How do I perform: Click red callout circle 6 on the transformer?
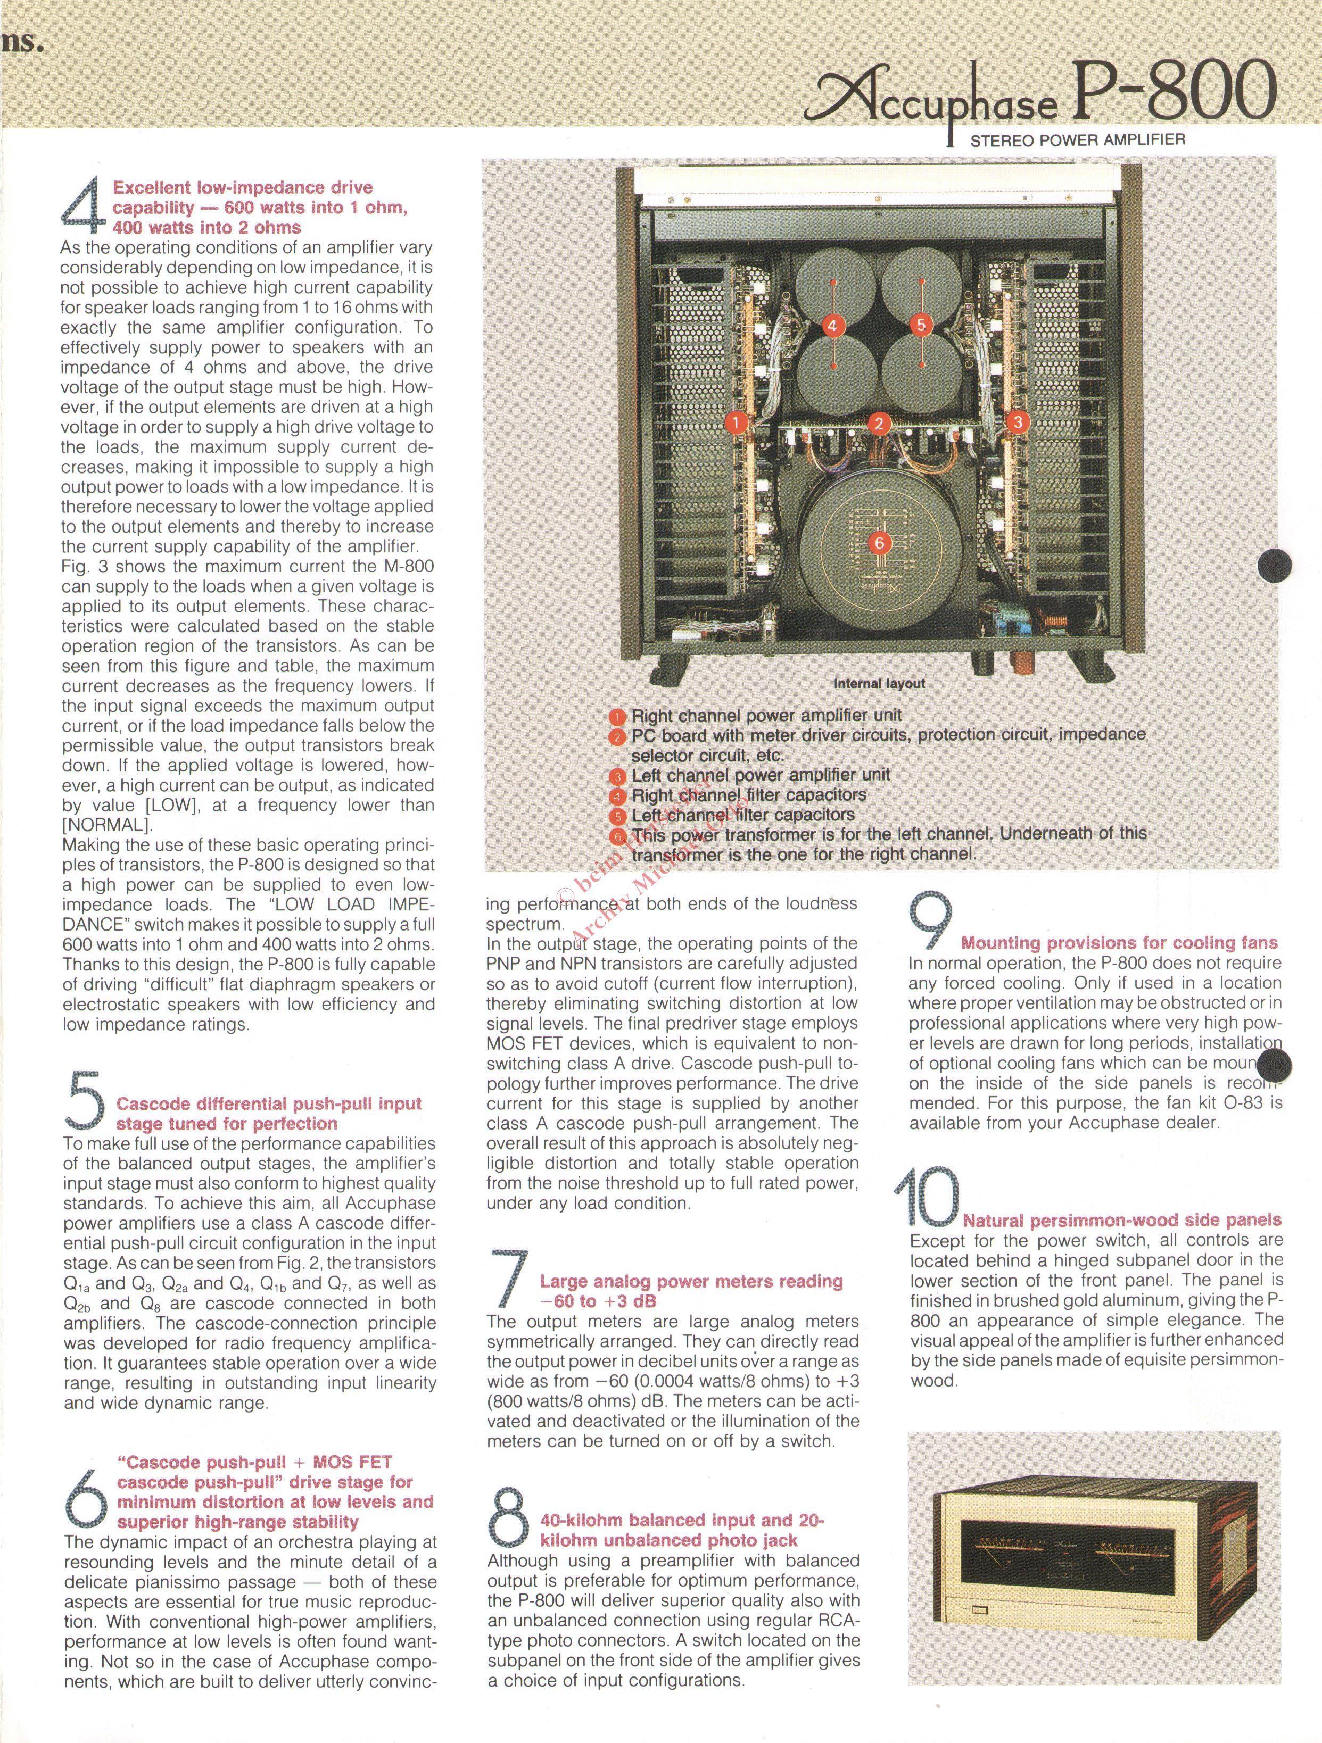(x=879, y=543)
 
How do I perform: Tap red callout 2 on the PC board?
(x=879, y=424)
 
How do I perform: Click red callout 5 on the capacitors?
(x=921, y=325)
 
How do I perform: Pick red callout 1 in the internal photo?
(x=736, y=422)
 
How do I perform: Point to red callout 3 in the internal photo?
(x=1019, y=422)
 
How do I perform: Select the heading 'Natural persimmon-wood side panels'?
(x=1122, y=1221)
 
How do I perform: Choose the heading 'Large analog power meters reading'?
(x=691, y=1282)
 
